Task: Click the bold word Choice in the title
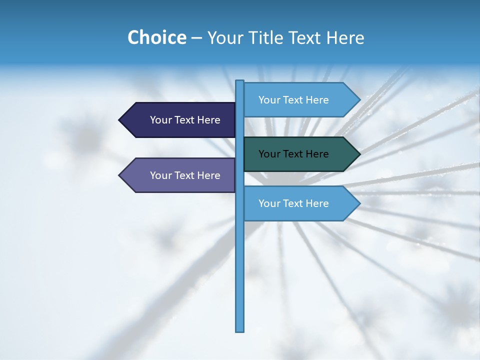click(x=156, y=37)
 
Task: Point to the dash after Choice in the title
click(x=197, y=38)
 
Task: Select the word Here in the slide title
click(x=345, y=37)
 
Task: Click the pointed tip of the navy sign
click(x=120, y=120)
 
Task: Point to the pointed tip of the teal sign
click(x=358, y=154)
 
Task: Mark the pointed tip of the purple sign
click(x=120, y=175)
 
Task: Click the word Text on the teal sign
click(x=293, y=154)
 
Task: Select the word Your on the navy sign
click(x=161, y=120)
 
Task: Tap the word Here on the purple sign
click(x=208, y=175)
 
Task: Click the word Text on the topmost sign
click(x=293, y=100)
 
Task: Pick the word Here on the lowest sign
click(x=317, y=203)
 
